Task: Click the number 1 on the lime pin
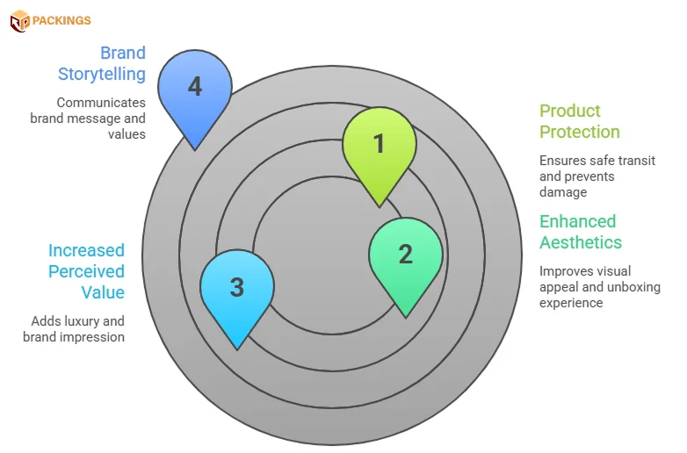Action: pos(379,143)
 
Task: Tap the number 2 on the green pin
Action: pos(405,254)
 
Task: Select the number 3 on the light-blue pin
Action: pos(236,287)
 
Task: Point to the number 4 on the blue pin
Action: pos(194,88)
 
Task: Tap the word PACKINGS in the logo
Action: pos(62,20)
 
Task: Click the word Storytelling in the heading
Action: pos(102,74)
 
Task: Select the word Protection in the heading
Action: pos(579,132)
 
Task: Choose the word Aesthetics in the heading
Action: pos(580,242)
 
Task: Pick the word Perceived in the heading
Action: pos(86,271)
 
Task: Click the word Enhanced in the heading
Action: pos(577,221)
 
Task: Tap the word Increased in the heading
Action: pos(86,250)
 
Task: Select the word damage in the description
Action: pos(563,191)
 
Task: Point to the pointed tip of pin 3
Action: pos(237,349)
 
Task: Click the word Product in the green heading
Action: pos(569,111)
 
